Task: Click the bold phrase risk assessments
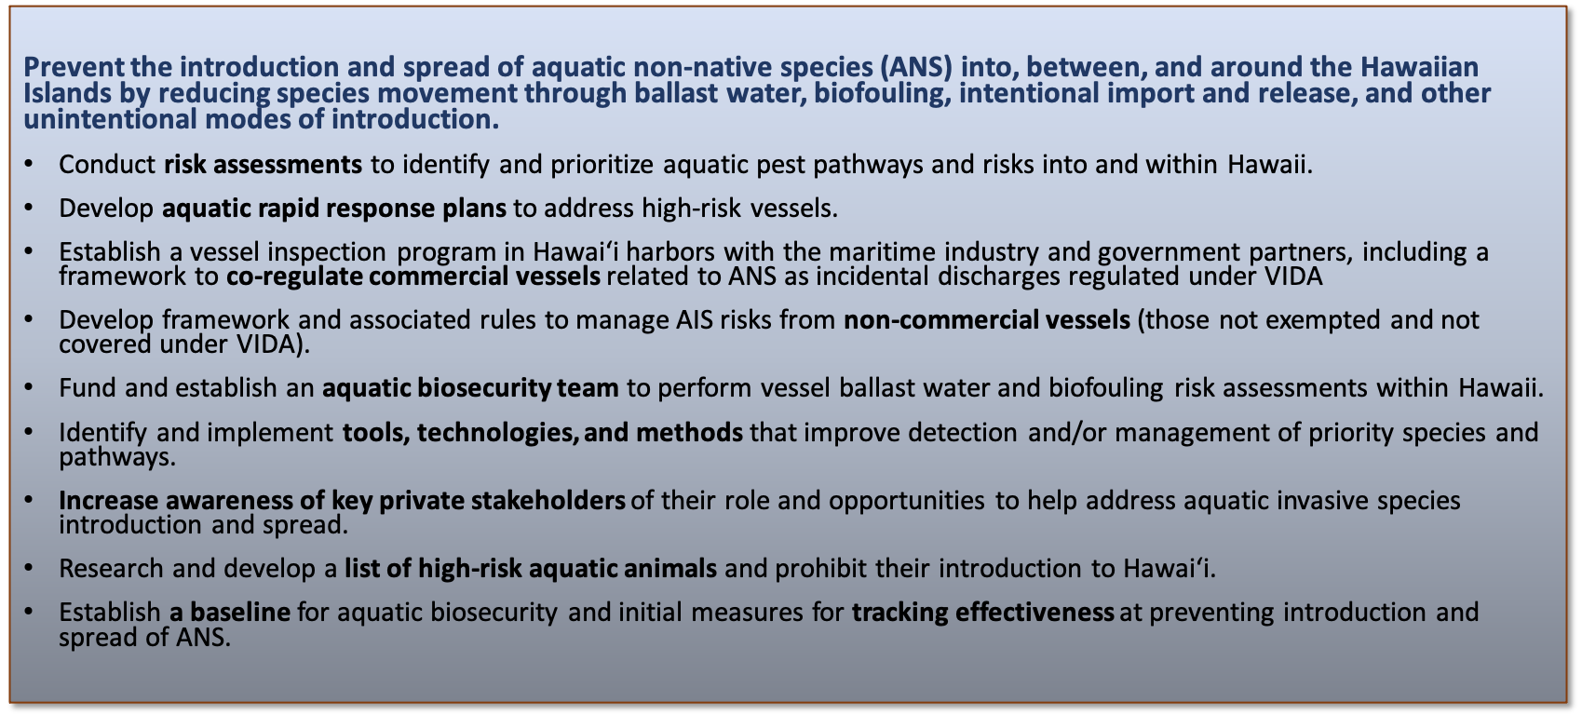pyautogui.click(x=263, y=165)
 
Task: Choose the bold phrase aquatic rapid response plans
pyautogui.click(x=334, y=209)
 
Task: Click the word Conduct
pyautogui.click(x=107, y=165)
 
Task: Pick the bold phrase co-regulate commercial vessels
pyautogui.click(x=413, y=277)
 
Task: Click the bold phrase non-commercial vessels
pyautogui.click(x=987, y=320)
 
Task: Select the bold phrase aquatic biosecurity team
pyautogui.click(x=470, y=388)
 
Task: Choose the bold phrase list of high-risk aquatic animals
pyautogui.click(x=531, y=569)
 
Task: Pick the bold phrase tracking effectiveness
pyautogui.click(x=982, y=612)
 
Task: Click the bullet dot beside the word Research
pyautogui.click(x=28, y=568)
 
